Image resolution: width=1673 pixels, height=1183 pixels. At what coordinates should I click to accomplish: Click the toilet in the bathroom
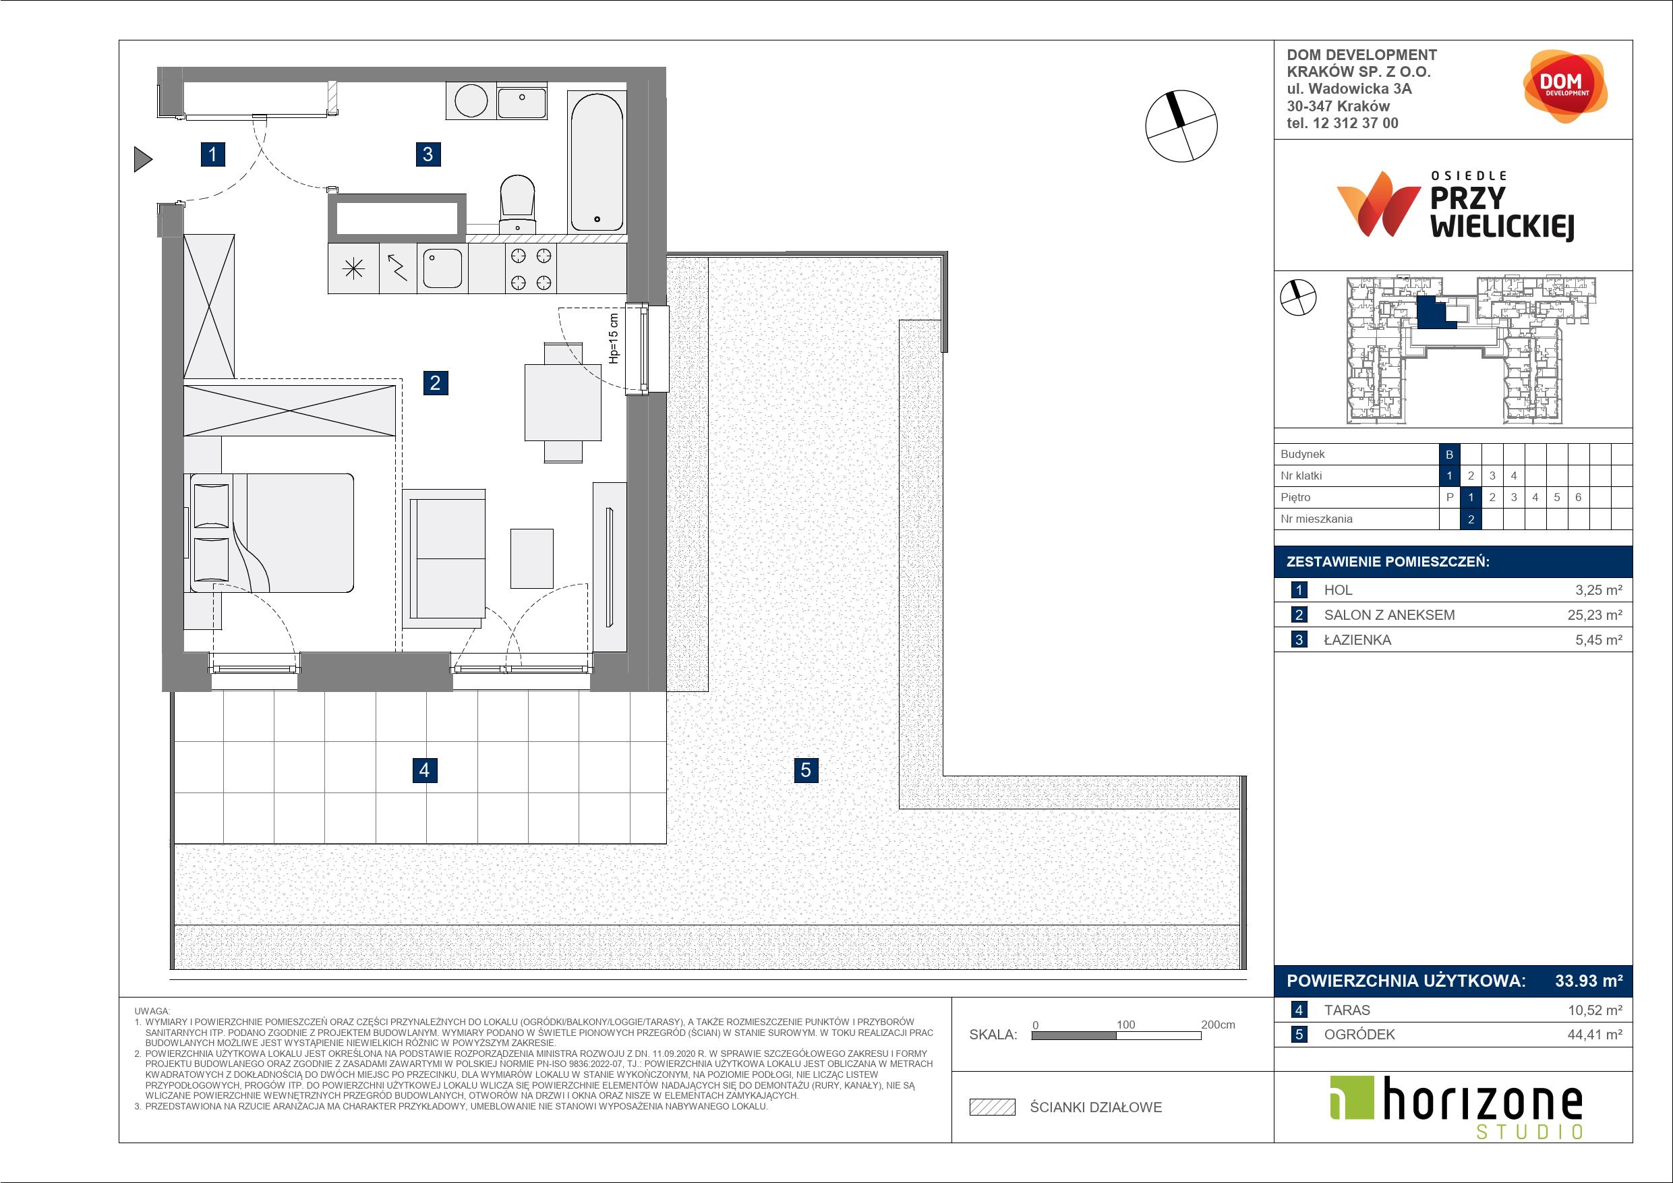pyautogui.click(x=517, y=204)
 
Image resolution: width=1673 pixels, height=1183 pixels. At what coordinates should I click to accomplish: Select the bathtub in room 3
pyautogui.click(x=596, y=161)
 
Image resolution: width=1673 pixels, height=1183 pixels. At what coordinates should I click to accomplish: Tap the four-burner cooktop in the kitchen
pyautogui.click(x=531, y=268)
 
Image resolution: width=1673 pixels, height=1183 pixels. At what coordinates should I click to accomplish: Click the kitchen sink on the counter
pyautogui.click(x=442, y=268)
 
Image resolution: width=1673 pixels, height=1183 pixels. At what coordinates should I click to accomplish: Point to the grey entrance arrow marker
pyautogui.click(x=143, y=159)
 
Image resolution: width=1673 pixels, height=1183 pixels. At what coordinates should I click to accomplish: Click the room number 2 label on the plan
pyautogui.click(x=435, y=382)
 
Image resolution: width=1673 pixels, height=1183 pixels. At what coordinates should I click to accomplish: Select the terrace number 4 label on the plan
pyautogui.click(x=424, y=770)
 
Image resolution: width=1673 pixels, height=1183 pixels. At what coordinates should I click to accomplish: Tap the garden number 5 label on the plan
pyautogui.click(x=805, y=770)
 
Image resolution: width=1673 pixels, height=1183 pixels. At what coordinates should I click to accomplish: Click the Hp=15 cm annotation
pyautogui.click(x=614, y=338)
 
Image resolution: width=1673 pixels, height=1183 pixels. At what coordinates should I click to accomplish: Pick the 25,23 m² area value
pyautogui.click(x=1595, y=614)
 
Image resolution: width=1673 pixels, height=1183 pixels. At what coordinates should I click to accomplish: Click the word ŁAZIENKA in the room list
pyautogui.click(x=1357, y=640)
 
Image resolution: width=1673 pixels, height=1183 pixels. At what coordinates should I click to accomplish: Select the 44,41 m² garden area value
pyautogui.click(x=1595, y=1035)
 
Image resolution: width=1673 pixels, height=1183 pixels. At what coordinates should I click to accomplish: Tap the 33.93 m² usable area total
pyautogui.click(x=1589, y=981)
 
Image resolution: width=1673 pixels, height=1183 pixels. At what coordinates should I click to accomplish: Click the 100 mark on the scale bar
pyautogui.click(x=1125, y=1024)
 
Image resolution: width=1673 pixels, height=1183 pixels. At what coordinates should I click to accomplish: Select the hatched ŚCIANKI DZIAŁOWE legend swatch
pyautogui.click(x=993, y=1107)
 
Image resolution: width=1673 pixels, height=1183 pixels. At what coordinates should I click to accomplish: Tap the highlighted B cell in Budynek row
pyautogui.click(x=1449, y=454)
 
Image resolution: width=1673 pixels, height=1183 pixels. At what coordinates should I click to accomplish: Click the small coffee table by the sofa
pyautogui.click(x=531, y=558)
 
